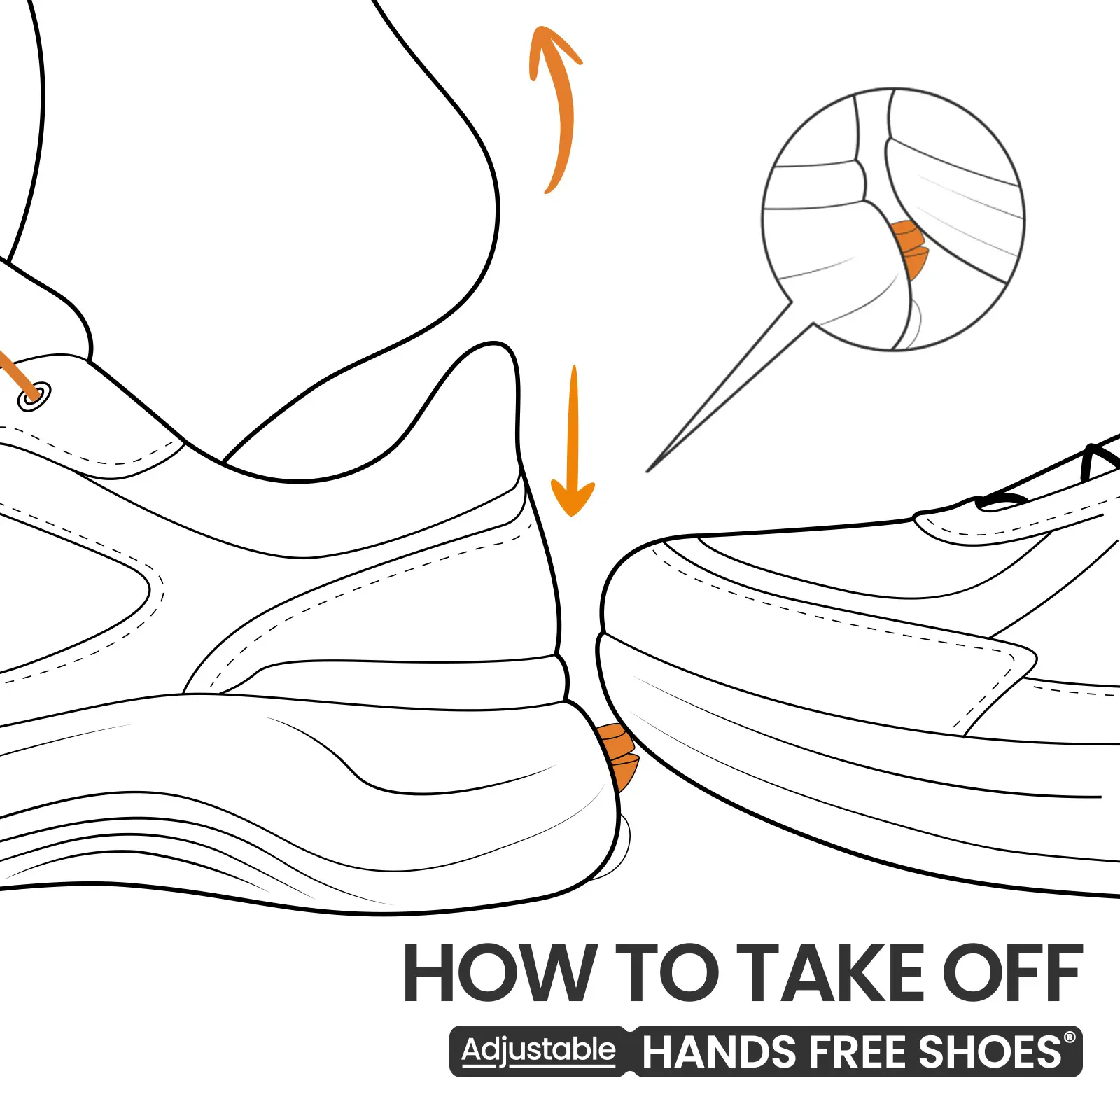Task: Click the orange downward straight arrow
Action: point(574,441)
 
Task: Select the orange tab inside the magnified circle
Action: point(910,248)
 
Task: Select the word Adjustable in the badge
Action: point(538,1051)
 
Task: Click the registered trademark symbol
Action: point(1070,1037)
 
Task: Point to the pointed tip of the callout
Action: point(647,471)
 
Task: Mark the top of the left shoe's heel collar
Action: point(496,344)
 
